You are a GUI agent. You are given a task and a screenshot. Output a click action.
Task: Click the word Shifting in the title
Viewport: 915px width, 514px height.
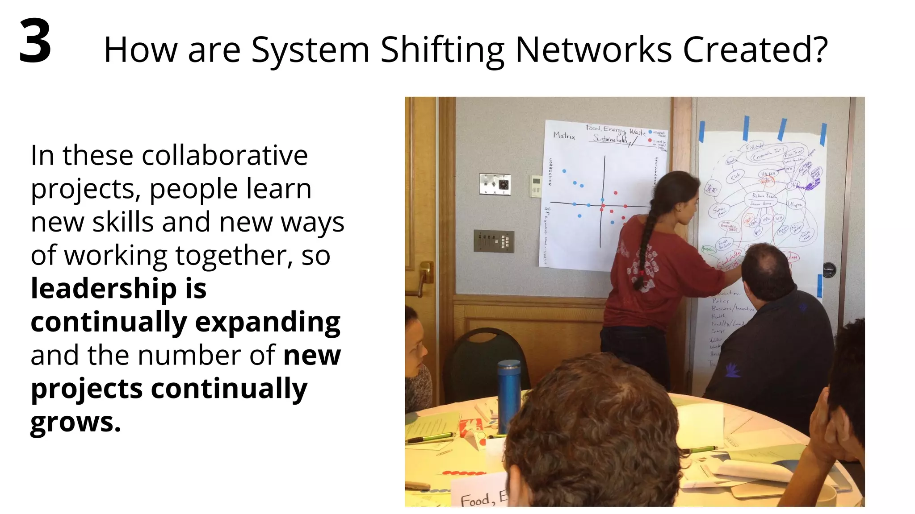click(442, 50)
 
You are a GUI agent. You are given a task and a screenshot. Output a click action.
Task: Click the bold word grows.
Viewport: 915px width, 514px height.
click(75, 422)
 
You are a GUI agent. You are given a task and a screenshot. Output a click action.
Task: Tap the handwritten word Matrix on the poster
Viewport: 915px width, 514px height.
click(564, 135)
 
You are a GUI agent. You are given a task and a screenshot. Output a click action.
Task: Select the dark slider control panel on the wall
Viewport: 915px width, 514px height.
click(494, 241)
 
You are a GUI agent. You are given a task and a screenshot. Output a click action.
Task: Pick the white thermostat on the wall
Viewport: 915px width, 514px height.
click(535, 186)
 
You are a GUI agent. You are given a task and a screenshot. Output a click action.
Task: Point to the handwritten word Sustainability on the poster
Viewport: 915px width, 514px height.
click(610, 139)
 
